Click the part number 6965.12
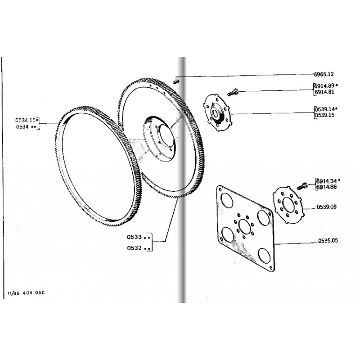coord(324,74)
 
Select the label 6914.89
coord(324,86)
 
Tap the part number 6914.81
coord(324,92)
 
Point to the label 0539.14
coord(324,109)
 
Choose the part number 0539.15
coord(324,115)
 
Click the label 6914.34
coord(326,181)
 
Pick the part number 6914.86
coord(326,187)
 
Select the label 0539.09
coord(327,207)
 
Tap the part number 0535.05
coord(328,241)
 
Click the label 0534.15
coord(26,120)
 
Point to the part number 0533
coord(134,237)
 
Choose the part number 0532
coord(134,248)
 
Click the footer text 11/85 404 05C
coord(26,293)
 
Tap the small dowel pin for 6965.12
coord(176,81)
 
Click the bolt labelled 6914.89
coord(233,93)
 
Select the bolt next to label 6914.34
coord(302,186)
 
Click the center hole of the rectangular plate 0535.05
coord(244,227)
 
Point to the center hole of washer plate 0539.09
coord(288,205)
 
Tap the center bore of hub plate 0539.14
coord(215,113)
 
